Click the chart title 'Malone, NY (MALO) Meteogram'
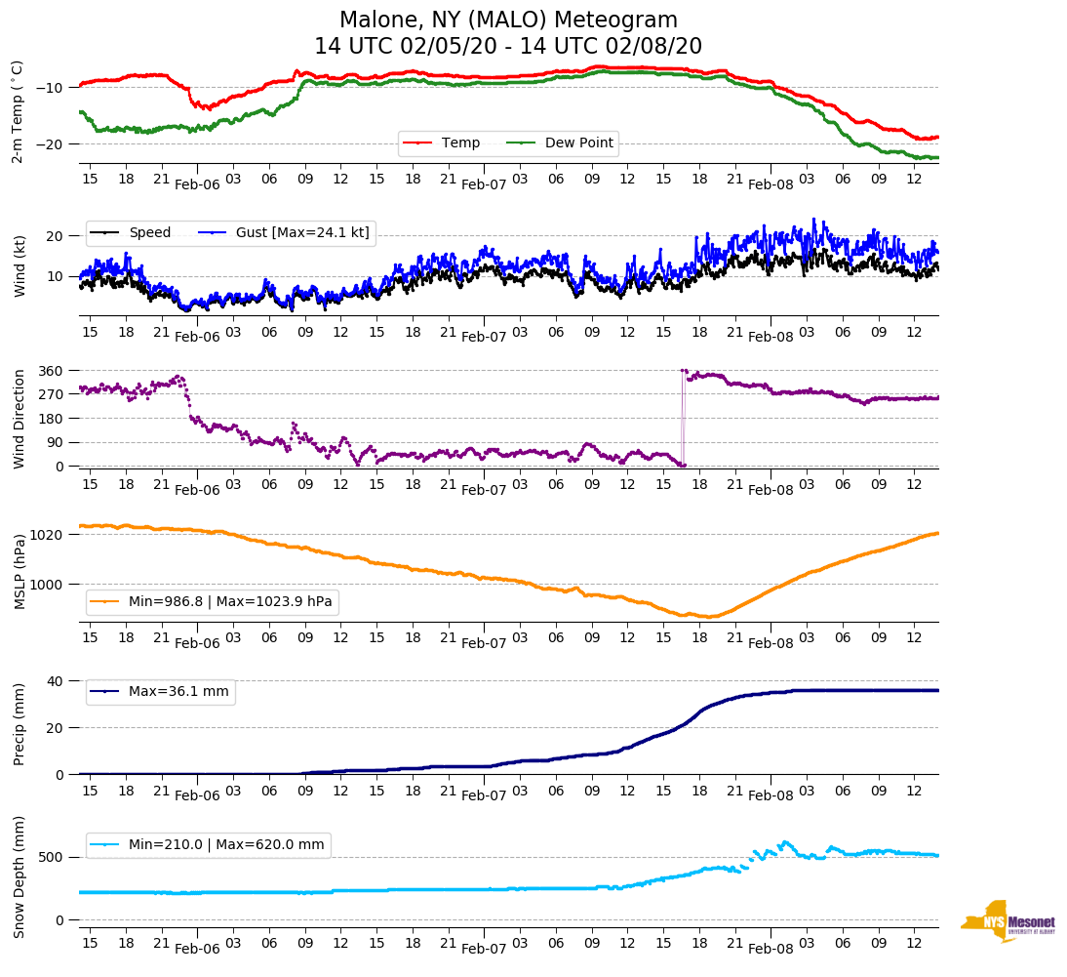[x=508, y=20]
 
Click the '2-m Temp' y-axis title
[x=18, y=111]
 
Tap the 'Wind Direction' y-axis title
[x=19, y=419]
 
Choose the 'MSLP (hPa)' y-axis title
[x=19, y=572]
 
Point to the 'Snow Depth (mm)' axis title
[x=19, y=876]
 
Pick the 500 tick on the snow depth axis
[x=53, y=857]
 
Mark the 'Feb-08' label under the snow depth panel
[x=771, y=950]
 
